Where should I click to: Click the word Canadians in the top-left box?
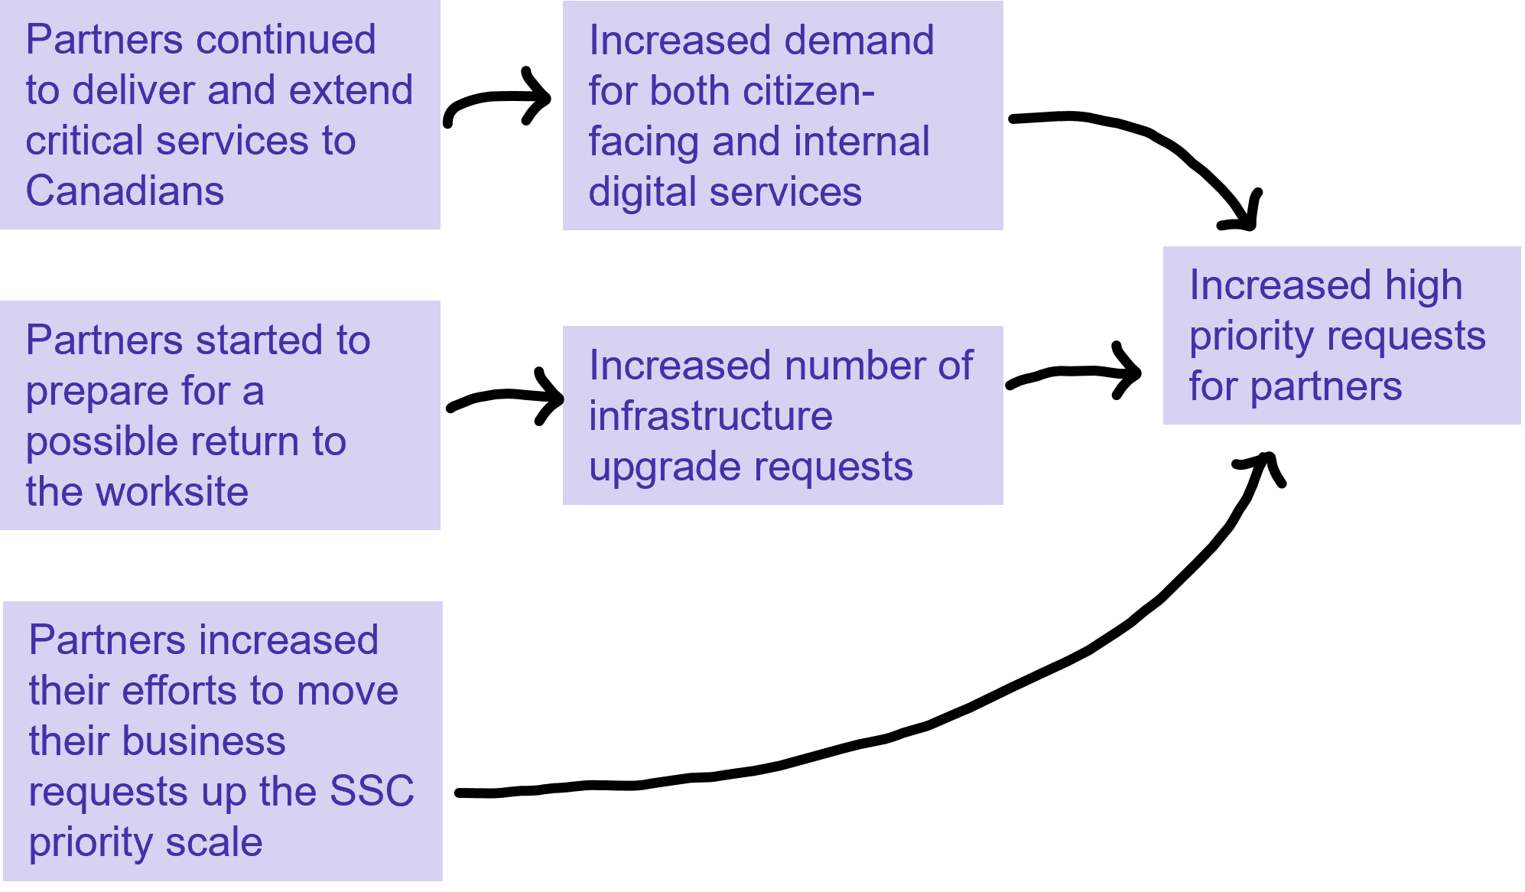pos(125,191)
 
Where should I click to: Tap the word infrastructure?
pos(710,416)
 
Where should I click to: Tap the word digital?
pos(642,191)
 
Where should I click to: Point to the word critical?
pos(84,141)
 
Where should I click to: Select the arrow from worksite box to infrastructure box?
pos(505,396)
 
